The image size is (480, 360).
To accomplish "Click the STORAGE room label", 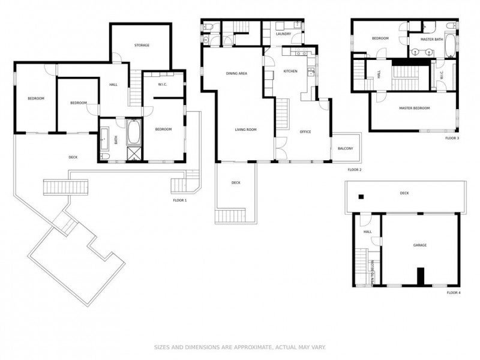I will [x=142, y=45].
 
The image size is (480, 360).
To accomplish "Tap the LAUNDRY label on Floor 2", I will [x=283, y=34].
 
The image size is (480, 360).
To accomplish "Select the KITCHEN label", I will [x=290, y=71].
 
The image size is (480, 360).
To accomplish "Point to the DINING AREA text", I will [x=236, y=73].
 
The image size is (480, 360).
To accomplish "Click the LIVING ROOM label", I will [x=245, y=129].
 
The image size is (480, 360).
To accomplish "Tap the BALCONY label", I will [x=345, y=148].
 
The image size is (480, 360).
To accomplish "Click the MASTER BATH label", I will [x=431, y=40].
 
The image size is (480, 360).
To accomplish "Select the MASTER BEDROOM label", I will [x=415, y=108].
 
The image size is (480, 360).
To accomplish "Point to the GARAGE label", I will [x=420, y=245].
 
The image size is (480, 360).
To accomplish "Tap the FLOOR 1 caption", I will [x=179, y=200].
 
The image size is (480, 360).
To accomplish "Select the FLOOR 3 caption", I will [x=452, y=138].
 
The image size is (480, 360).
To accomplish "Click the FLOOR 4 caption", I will [x=454, y=293].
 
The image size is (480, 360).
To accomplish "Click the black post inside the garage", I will [x=421, y=275].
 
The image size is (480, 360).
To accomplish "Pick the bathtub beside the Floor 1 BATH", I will [x=133, y=131].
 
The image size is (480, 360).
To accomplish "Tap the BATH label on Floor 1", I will [x=116, y=140].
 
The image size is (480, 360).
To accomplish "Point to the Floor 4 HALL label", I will [x=367, y=232].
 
